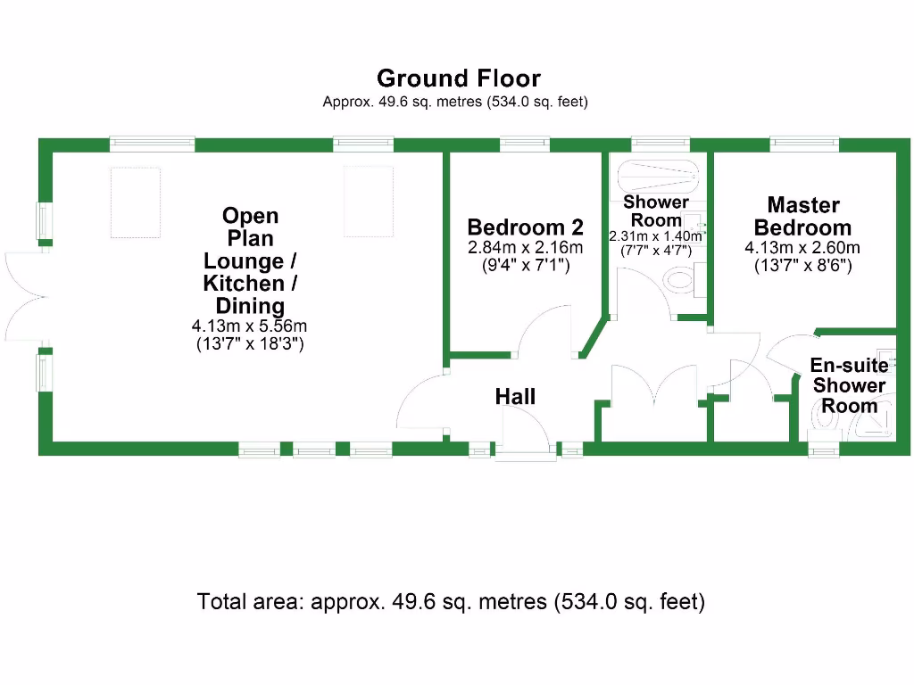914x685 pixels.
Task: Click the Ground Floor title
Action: click(x=458, y=79)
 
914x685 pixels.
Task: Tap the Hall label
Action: click(x=515, y=396)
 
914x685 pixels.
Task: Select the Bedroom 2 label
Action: click(x=525, y=227)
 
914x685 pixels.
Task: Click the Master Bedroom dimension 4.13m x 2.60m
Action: click(x=802, y=247)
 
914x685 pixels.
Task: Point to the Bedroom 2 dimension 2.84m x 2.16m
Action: click(x=525, y=247)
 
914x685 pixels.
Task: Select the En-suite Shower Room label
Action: click(x=849, y=385)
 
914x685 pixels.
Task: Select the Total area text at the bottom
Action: click(x=451, y=602)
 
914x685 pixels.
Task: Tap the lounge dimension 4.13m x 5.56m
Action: click(x=250, y=326)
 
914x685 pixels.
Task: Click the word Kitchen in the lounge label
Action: click(x=250, y=285)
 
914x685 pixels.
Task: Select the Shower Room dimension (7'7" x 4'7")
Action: click(x=656, y=252)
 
